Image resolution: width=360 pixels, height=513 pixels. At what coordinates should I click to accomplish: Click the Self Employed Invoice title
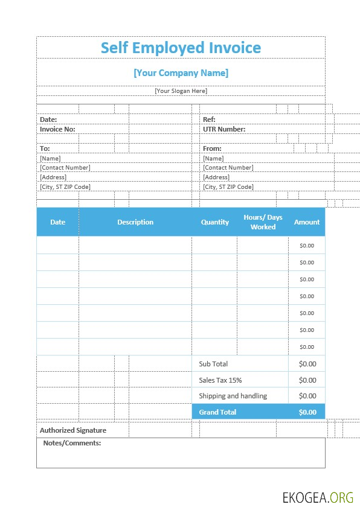[181, 48]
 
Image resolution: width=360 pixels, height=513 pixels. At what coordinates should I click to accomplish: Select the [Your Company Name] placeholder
[181, 73]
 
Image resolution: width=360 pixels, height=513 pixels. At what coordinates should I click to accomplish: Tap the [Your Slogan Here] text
[181, 91]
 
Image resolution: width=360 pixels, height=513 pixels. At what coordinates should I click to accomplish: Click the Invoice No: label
[57, 129]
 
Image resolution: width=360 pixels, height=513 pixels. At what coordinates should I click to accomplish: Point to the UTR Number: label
[223, 129]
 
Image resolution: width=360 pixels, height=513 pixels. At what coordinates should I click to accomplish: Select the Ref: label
[209, 119]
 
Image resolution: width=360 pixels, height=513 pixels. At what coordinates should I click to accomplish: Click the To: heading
[45, 148]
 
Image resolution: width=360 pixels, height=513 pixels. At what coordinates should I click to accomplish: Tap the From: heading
[212, 148]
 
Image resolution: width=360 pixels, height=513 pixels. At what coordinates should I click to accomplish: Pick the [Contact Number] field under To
[65, 168]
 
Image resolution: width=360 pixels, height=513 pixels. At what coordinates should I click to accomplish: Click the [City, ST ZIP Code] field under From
[228, 187]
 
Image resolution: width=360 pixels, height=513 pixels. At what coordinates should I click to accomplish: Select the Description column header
[135, 222]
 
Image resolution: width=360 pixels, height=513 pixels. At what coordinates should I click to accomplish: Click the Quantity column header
[215, 222]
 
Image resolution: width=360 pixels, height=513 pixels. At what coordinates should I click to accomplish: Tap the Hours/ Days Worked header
[263, 222]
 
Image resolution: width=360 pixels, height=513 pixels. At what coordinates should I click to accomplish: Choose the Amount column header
[307, 222]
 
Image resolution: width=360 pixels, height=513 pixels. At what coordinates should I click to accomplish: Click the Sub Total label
[213, 364]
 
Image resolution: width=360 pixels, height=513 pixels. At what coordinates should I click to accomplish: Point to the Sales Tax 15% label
[220, 380]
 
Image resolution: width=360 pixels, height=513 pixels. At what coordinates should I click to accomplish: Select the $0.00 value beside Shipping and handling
[307, 396]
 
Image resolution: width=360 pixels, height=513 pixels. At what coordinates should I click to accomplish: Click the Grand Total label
[217, 412]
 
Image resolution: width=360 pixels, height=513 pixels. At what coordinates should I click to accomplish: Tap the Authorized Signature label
[73, 430]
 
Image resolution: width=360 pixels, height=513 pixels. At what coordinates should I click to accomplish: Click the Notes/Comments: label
[72, 443]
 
